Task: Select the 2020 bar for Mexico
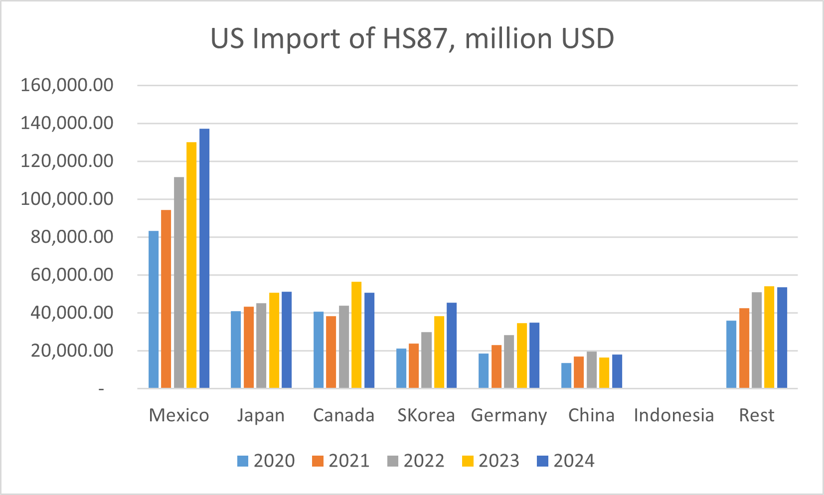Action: [x=154, y=309]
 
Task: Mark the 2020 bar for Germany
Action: [x=484, y=371]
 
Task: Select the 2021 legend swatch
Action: [x=318, y=461]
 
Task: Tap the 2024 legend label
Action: [x=574, y=461]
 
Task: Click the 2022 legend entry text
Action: [x=424, y=461]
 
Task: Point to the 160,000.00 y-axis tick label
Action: [x=67, y=85]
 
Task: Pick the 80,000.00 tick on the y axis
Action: [x=72, y=237]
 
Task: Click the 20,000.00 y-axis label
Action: [x=72, y=350]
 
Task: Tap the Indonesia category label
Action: [x=674, y=415]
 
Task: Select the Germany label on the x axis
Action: [x=509, y=416]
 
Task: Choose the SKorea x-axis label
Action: [x=426, y=415]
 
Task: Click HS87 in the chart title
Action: [x=414, y=38]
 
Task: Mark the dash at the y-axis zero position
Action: [x=101, y=389]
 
